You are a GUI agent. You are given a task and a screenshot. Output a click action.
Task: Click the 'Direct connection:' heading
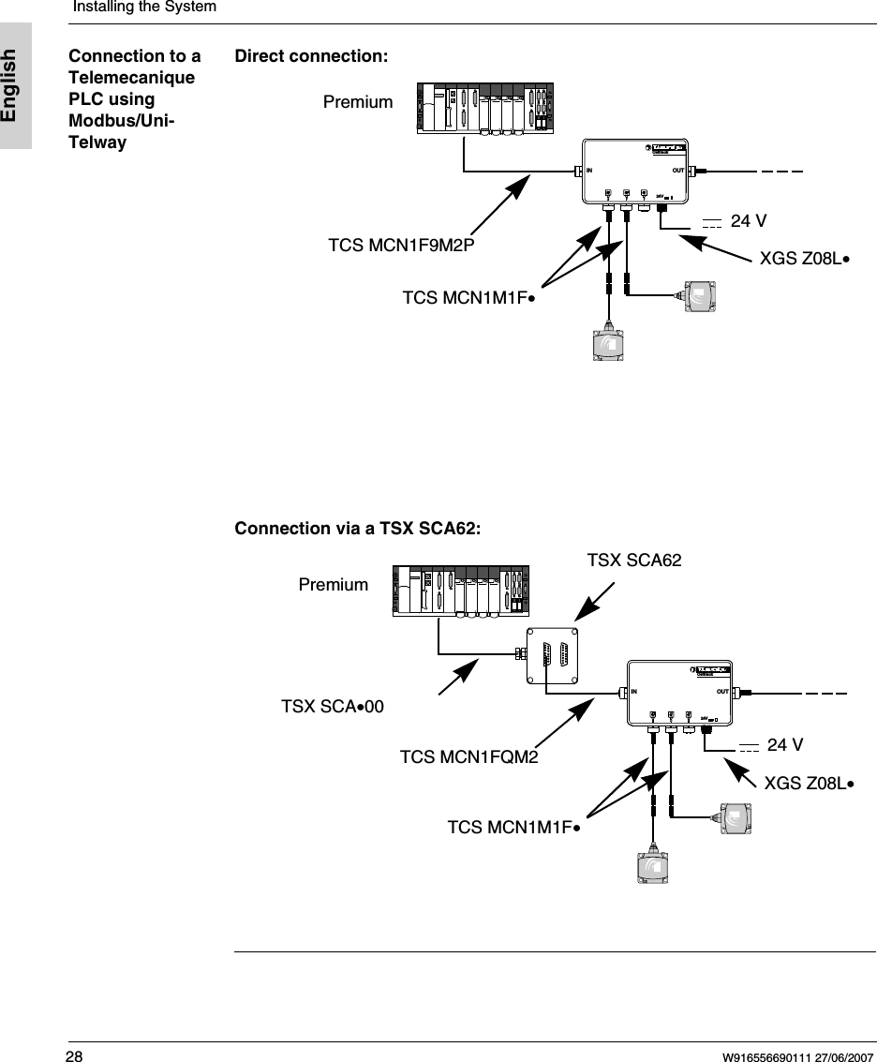[x=311, y=56]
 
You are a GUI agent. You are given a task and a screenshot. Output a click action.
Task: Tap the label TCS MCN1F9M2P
[x=402, y=246]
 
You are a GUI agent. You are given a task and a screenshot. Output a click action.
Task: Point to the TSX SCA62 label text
[x=633, y=561]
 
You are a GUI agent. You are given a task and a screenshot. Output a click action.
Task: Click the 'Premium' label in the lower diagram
[x=333, y=585]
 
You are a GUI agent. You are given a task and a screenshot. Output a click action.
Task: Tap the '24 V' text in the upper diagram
[x=749, y=221]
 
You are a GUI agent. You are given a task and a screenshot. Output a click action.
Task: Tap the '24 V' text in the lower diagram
[x=785, y=745]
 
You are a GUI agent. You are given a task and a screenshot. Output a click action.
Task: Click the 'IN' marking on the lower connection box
[x=634, y=693]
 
